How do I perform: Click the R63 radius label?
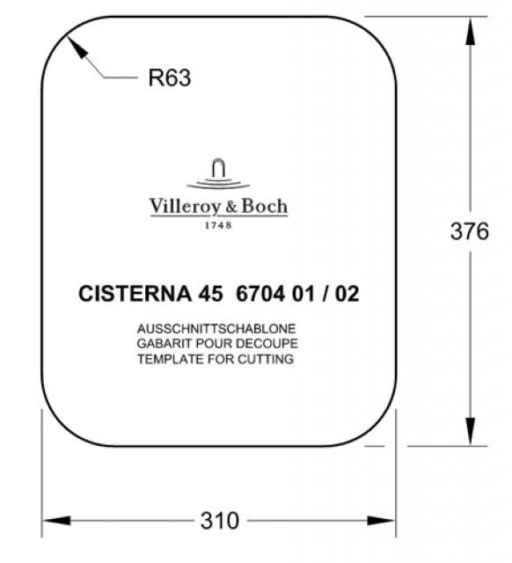[170, 77]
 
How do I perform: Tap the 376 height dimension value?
[469, 230]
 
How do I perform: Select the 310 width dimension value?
[220, 521]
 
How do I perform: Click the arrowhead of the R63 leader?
[77, 47]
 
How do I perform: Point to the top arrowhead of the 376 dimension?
[470, 31]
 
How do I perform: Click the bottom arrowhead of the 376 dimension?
[470, 432]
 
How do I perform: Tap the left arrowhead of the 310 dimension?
[56, 520]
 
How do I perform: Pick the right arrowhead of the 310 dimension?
[381, 520]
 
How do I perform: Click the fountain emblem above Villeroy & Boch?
[218, 173]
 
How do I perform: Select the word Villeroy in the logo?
[180, 207]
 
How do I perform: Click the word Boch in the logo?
[265, 206]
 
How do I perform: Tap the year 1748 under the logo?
[218, 225]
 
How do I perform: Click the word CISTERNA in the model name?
[135, 294]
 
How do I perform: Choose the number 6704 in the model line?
[260, 294]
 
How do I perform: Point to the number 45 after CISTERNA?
[210, 294]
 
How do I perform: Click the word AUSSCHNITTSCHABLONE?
[216, 328]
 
